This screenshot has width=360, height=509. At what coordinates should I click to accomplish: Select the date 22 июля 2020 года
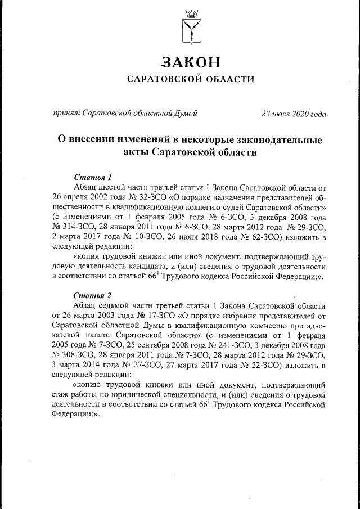point(294,114)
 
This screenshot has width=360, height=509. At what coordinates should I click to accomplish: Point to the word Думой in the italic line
point(185,114)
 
